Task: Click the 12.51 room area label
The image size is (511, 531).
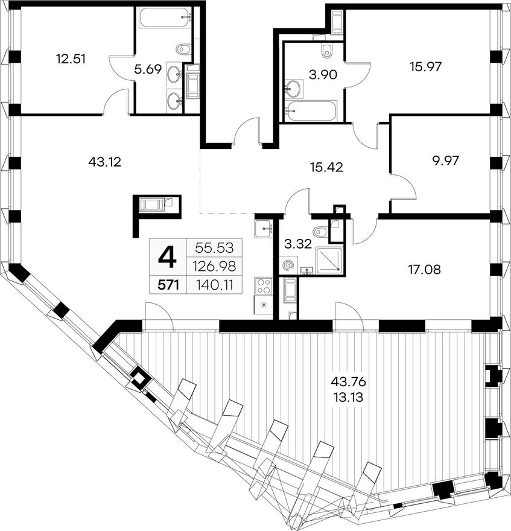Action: (x=71, y=59)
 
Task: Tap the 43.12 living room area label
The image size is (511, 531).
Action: (x=104, y=162)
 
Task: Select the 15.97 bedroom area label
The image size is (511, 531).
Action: (x=425, y=67)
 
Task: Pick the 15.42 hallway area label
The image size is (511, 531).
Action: (x=326, y=167)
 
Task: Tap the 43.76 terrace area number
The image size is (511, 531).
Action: (x=349, y=383)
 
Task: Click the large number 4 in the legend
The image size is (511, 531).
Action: (x=168, y=256)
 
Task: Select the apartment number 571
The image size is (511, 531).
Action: (x=167, y=285)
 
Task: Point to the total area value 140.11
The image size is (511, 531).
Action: (x=214, y=285)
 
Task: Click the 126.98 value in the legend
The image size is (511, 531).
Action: (x=214, y=267)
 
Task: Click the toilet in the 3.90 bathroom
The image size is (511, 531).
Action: (x=326, y=50)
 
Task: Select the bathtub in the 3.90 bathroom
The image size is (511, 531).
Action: (x=311, y=110)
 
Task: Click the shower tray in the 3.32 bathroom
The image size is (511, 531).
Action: (x=328, y=259)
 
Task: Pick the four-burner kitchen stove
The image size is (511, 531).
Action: (x=264, y=286)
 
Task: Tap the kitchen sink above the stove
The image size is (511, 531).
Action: (x=263, y=229)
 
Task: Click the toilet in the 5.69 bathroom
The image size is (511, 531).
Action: (x=183, y=49)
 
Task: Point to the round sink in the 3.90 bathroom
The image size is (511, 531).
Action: (x=294, y=88)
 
